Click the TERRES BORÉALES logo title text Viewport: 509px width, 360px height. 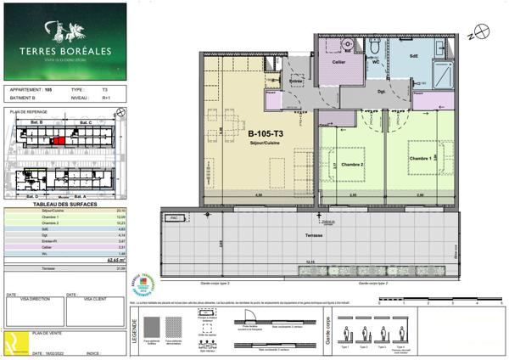(x=64, y=50)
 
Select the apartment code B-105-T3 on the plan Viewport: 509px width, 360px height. (x=266, y=134)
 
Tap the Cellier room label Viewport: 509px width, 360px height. (x=338, y=63)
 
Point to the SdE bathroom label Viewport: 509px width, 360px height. (x=414, y=55)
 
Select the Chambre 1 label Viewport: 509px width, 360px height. (x=422, y=158)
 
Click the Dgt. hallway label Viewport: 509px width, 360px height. (x=383, y=91)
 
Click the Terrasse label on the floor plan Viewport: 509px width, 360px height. (x=317, y=233)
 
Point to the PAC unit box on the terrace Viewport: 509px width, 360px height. (x=175, y=217)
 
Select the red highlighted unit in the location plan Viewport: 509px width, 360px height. (x=58, y=140)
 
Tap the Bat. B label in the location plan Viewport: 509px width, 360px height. (x=36, y=123)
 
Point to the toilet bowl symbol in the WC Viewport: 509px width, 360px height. (x=349, y=45)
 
